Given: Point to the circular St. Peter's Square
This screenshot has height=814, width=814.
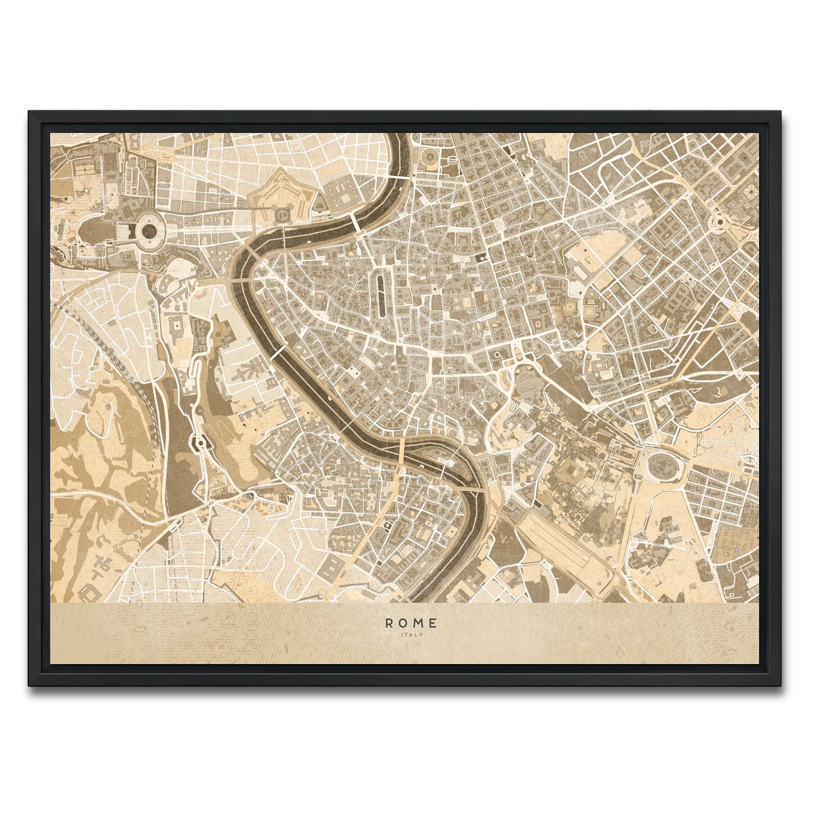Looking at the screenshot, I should click(x=147, y=231).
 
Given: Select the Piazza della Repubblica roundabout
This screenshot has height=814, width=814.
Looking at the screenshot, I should click(x=717, y=222).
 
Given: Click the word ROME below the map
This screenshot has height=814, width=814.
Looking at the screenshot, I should click(x=411, y=623).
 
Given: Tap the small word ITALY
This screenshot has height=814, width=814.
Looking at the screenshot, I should click(x=411, y=635).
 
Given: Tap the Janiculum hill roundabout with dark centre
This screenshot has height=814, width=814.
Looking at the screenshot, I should click(x=200, y=444).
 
